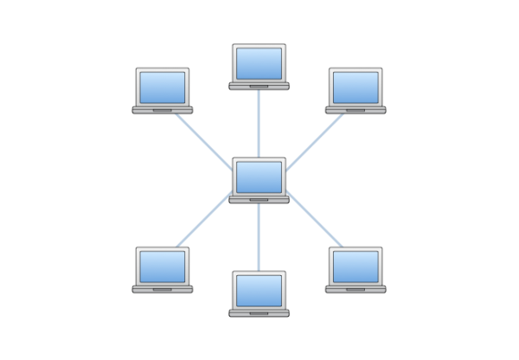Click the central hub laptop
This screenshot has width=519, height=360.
coord(259,180)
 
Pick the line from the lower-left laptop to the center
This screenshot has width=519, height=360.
coord(204,223)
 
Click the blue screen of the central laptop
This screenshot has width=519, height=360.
coord(259,177)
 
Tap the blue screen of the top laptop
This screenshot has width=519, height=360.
coord(259,63)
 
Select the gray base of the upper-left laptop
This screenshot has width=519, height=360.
coord(163,110)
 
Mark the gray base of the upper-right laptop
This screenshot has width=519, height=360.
coord(356,110)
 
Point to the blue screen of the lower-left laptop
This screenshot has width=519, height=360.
coord(163,266)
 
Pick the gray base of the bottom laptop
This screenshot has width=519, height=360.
coord(259,312)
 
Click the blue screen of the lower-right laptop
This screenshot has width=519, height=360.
coord(356,266)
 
